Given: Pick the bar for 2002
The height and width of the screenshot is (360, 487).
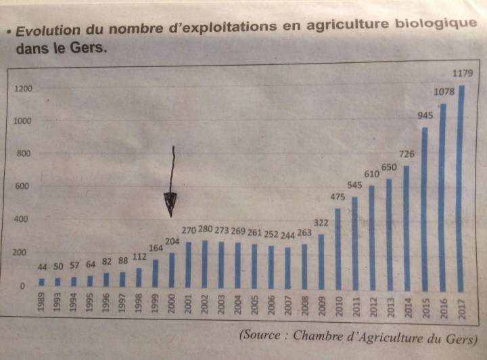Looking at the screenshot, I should click(204, 265).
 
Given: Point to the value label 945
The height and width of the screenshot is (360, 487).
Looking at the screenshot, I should click(425, 116).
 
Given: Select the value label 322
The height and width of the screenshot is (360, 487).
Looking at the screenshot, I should click(322, 223).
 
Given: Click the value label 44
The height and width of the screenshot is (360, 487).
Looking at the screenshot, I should click(41, 268).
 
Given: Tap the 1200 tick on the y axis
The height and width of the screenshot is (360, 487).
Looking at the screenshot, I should click(23, 89).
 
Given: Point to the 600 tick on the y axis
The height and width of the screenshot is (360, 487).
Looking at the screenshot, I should click(22, 187).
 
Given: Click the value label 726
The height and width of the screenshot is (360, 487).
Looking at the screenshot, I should click(407, 154).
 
